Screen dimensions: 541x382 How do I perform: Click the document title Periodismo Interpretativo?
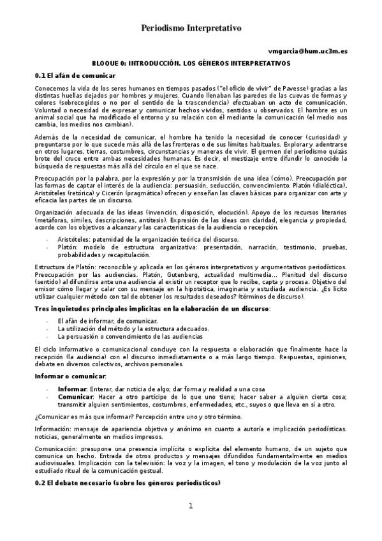[x=191, y=29]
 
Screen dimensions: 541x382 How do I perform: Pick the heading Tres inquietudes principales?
[x=152, y=308]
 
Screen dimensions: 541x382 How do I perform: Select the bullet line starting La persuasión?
[x=130, y=336]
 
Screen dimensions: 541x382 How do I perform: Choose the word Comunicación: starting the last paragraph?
[x=57, y=448]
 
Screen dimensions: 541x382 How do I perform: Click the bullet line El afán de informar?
[x=98, y=320]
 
